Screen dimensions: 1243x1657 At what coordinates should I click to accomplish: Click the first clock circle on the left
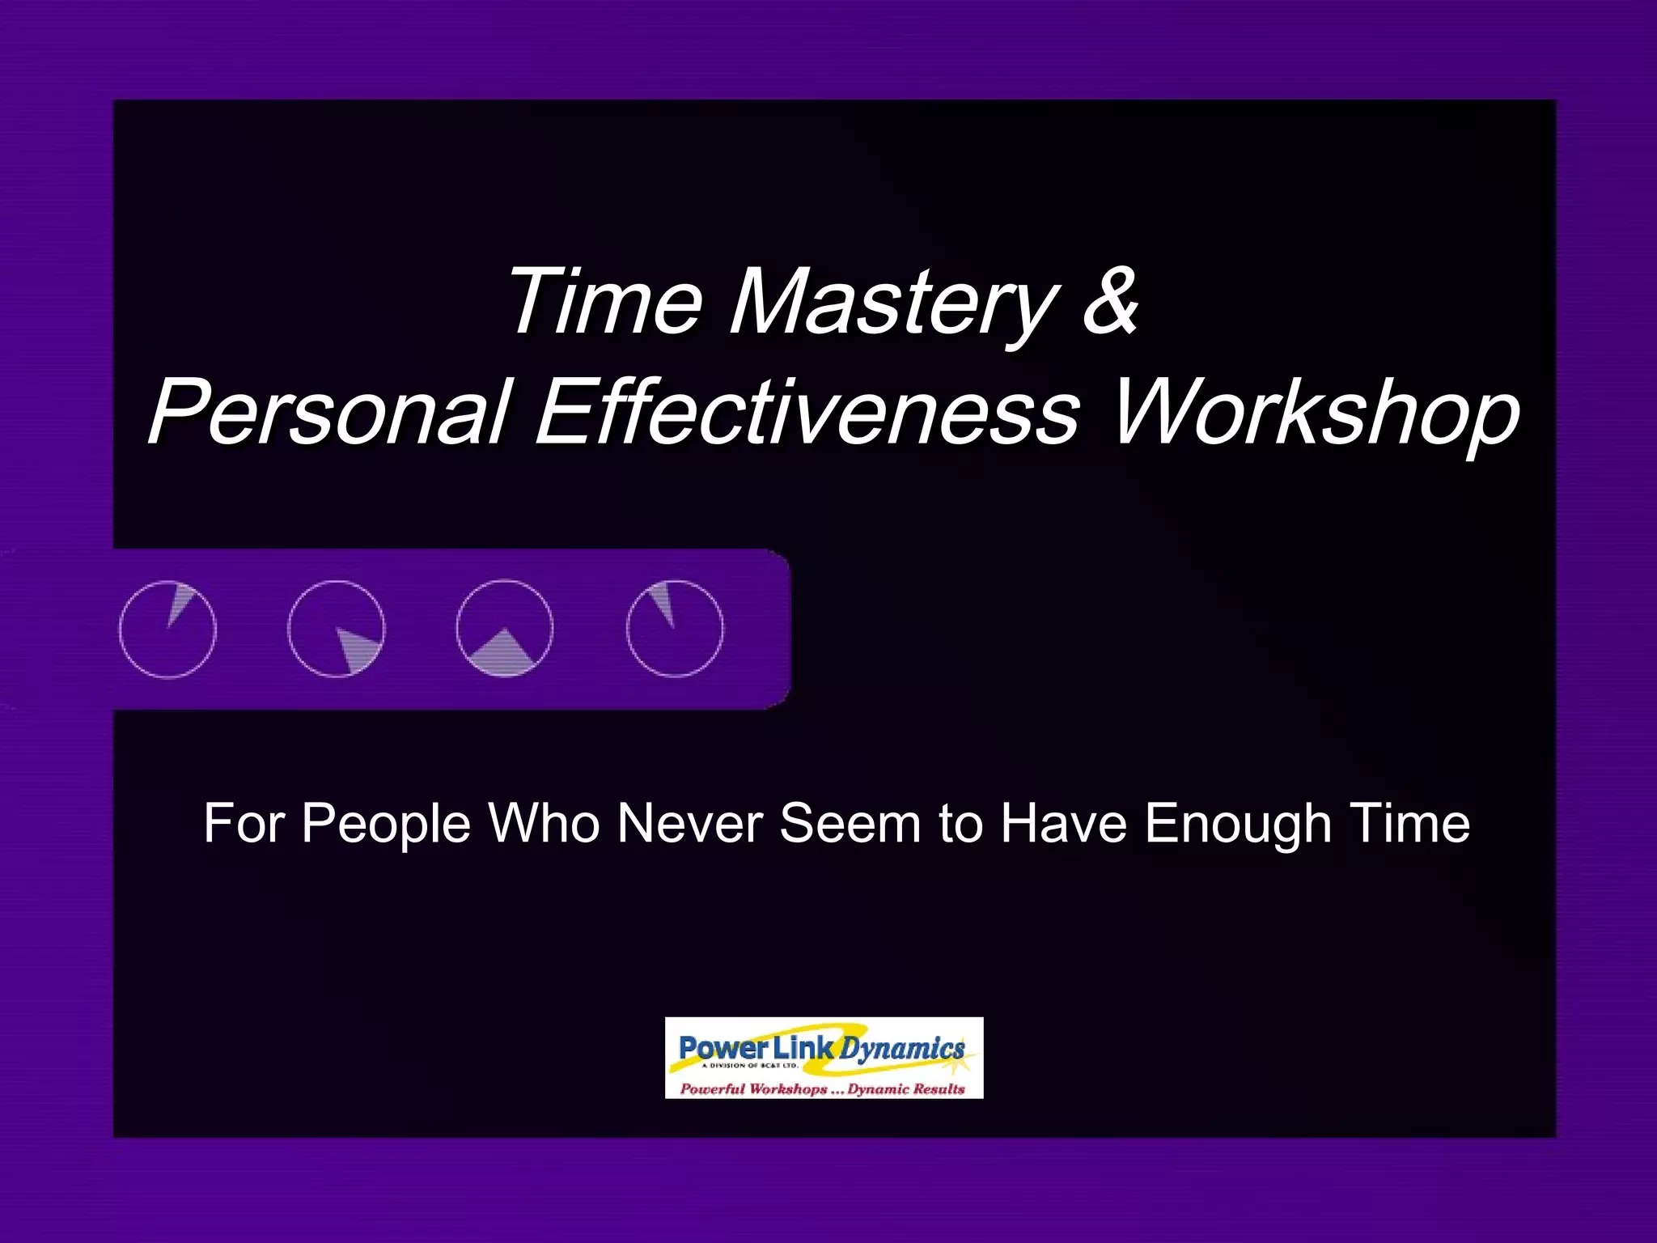pyautogui.click(x=167, y=629)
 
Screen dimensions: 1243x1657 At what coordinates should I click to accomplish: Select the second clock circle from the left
pyautogui.click(x=337, y=629)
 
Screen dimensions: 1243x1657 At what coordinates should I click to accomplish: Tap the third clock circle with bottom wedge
pyautogui.click(x=505, y=629)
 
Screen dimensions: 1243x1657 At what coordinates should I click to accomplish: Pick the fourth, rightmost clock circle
pyautogui.click(x=675, y=629)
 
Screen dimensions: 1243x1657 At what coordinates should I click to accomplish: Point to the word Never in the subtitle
pyautogui.click(x=689, y=824)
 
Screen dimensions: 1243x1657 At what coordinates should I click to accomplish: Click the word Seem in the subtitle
pyautogui.click(x=850, y=824)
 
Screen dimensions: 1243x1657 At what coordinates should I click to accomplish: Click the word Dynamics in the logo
pyautogui.click(x=902, y=1050)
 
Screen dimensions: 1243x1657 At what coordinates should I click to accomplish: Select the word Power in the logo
pyautogui.click(x=723, y=1048)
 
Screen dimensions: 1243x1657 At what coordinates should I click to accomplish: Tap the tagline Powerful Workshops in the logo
pyautogui.click(x=753, y=1088)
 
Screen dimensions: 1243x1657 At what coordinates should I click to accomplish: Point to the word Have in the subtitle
pyautogui.click(x=1064, y=824)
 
